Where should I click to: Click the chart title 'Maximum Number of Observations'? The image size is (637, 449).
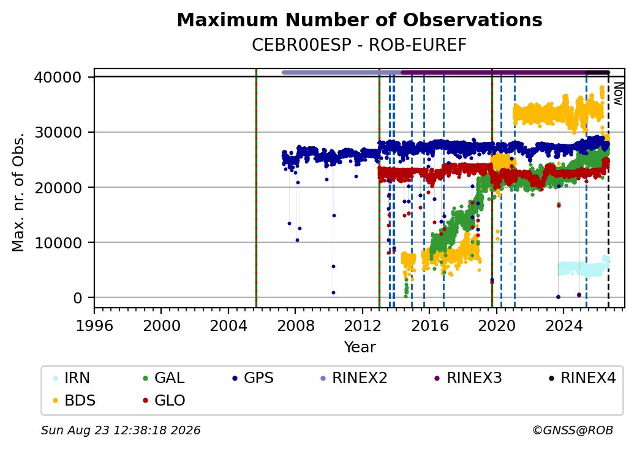[x=360, y=20]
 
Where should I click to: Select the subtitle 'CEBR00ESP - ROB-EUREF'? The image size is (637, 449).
[x=359, y=45]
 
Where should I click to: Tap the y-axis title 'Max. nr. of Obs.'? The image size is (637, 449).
[x=18, y=192]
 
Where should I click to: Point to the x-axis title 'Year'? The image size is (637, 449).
[x=360, y=347]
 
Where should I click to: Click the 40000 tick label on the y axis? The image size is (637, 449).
[x=58, y=77]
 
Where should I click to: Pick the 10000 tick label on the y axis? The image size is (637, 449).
[x=58, y=243]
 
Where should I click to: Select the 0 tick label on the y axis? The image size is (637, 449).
[x=78, y=298]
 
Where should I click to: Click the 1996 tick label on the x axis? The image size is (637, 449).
[x=94, y=325]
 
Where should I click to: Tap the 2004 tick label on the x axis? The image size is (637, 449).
[x=228, y=325]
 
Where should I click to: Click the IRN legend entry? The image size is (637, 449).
[x=72, y=378]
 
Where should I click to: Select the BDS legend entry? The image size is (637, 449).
[x=74, y=401]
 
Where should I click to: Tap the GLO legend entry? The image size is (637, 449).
[x=164, y=401]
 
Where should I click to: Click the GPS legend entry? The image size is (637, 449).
[x=253, y=378]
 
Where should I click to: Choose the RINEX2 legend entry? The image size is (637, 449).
[x=354, y=378]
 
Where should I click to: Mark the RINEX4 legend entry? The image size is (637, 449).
[x=582, y=378]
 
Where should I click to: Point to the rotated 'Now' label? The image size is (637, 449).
[x=618, y=94]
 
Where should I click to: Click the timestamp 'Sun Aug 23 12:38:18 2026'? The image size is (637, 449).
[x=121, y=430]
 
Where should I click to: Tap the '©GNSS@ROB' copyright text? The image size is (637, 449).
[x=573, y=430]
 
